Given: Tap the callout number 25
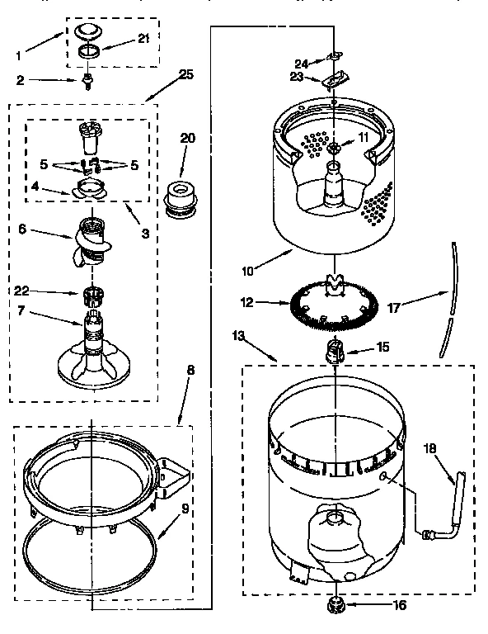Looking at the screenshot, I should (186, 75).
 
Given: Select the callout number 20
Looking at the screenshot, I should (188, 138).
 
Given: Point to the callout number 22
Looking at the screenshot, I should (22, 291).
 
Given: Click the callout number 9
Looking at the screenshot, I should (185, 509).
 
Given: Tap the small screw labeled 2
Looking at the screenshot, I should (86, 82).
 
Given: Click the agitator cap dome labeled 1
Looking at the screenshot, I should (86, 31).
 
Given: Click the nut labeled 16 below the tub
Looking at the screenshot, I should (336, 604).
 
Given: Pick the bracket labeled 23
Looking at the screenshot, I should (334, 80).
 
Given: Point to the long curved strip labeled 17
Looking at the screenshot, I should (449, 297).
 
